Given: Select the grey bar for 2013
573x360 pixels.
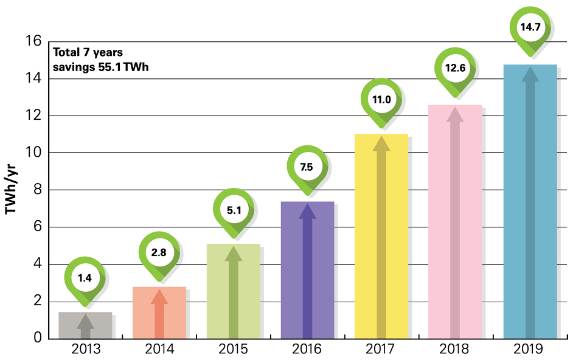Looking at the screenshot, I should click(85, 325).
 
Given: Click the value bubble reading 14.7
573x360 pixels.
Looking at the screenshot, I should click(530, 27).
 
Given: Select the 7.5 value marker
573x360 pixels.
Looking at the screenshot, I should click(307, 167).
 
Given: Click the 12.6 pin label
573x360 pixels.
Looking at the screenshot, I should click(455, 68).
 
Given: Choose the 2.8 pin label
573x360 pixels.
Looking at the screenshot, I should click(159, 251).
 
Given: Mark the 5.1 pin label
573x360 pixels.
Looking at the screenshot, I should click(234, 210).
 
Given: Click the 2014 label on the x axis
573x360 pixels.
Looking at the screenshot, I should click(159, 349).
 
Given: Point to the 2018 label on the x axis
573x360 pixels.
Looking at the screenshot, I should click(455, 349).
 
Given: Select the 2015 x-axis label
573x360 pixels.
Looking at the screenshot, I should click(234, 349).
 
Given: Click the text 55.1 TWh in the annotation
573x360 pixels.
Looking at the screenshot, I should click(123, 67).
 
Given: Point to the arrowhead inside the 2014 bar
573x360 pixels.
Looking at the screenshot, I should click(159, 296).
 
